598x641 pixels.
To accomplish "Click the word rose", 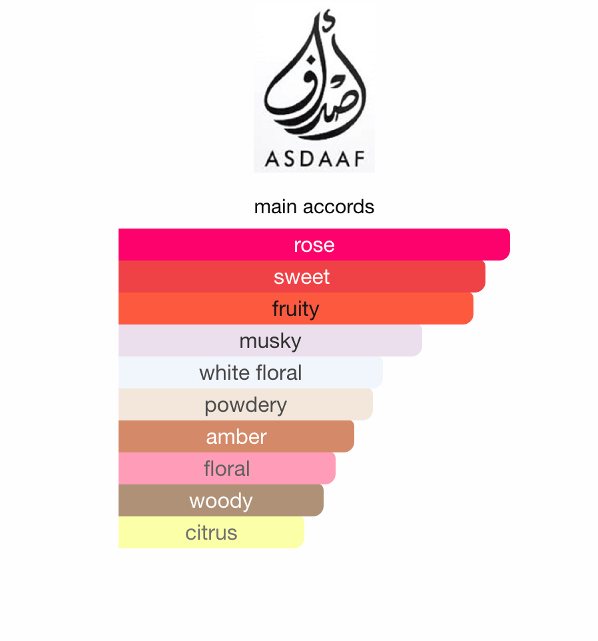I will coord(314,245).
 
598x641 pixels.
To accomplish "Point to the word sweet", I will coord(302,277).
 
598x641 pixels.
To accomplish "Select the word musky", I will coord(270,341).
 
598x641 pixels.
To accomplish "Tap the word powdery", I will coord(246,405).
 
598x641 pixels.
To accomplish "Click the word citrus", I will coord(211,533).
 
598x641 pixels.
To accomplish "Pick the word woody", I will coord(221,501).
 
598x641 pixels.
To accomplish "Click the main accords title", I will coord(314,207).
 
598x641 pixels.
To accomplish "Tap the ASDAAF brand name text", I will coord(314,159).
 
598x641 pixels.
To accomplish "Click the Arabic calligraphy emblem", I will coord(314,80).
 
